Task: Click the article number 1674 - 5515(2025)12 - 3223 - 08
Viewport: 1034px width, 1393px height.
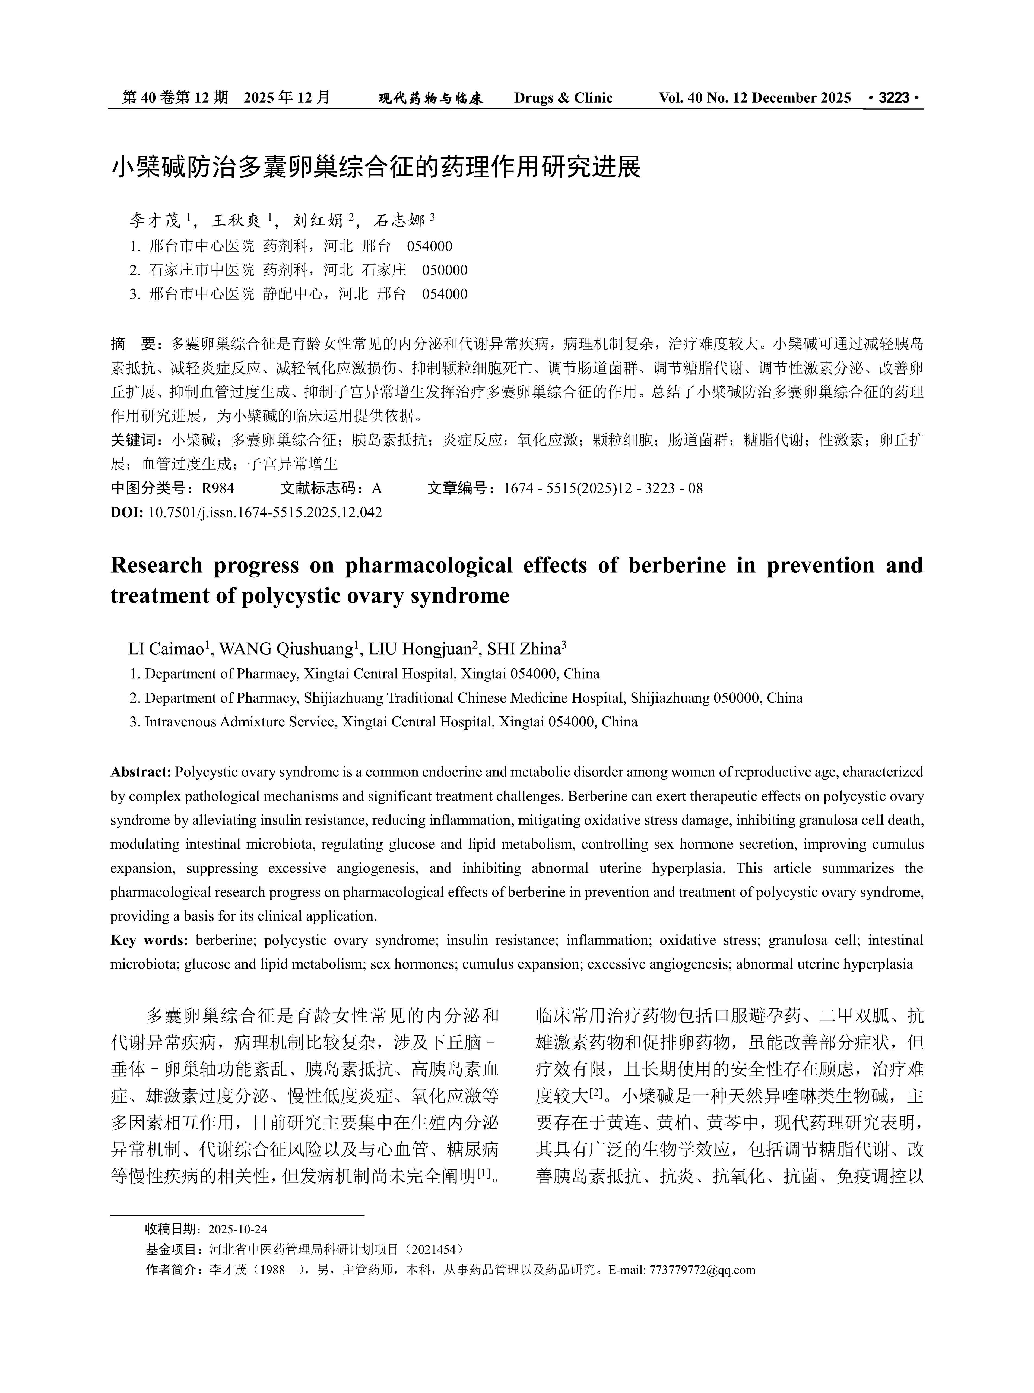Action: click(603, 488)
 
